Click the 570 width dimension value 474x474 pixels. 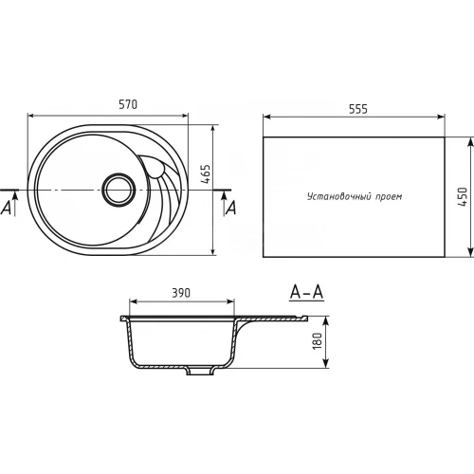tap(128, 104)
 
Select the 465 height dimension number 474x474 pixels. tap(206, 174)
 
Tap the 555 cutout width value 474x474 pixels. tap(358, 109)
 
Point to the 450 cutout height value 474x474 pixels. tap(463, 197)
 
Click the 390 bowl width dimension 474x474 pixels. tap(181, 293)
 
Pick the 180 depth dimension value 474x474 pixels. tap(317, 341)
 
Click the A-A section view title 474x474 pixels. tap(306, 292)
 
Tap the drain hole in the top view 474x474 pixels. tap(118, 190)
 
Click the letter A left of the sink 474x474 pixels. tap(6, 209)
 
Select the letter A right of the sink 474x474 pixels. tap(231, 209)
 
